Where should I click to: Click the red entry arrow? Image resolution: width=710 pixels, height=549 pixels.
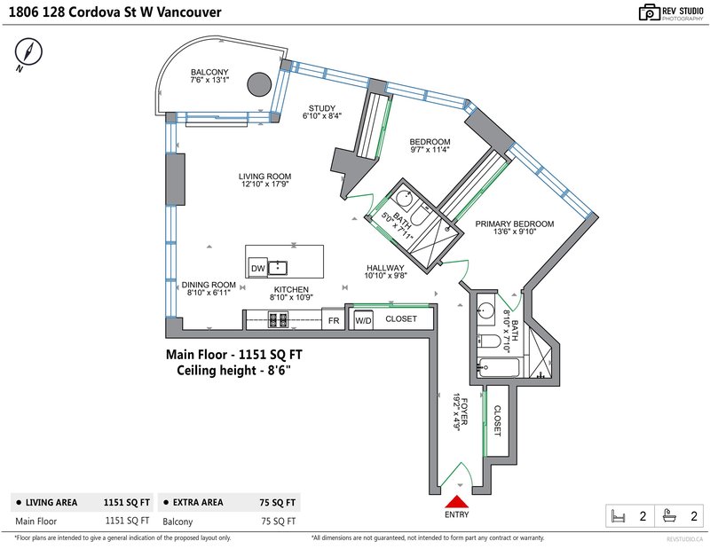pos(456,502)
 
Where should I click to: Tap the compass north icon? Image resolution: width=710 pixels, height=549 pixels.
pos(28,51)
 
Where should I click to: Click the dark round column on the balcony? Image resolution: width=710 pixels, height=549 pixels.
pos(259,84)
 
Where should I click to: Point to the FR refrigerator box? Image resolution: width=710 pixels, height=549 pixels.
pos(334,319)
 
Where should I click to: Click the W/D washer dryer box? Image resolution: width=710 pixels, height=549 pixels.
pos(363,320)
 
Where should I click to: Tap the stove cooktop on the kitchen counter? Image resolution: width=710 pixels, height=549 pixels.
pos(279,319)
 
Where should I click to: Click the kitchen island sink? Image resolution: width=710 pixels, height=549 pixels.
pos(278,268)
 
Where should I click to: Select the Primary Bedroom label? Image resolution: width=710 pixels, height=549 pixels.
pos(515,224)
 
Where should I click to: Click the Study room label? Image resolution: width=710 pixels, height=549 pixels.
pos(322,108)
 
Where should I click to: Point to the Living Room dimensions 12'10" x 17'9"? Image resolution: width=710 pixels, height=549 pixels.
pos(264,184)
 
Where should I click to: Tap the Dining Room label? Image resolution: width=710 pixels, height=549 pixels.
pos(209,285)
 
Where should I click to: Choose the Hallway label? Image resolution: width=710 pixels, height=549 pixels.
pos(385,268)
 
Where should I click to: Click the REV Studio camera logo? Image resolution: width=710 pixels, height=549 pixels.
pos(650,12)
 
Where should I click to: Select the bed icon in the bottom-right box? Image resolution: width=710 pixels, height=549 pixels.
pos(618,516)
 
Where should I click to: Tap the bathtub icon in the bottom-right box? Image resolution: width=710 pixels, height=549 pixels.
pos(669,515)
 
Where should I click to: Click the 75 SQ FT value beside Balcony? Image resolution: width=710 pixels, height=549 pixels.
pos(278,522)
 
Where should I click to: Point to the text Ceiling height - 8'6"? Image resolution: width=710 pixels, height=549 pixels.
pos(233,370)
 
